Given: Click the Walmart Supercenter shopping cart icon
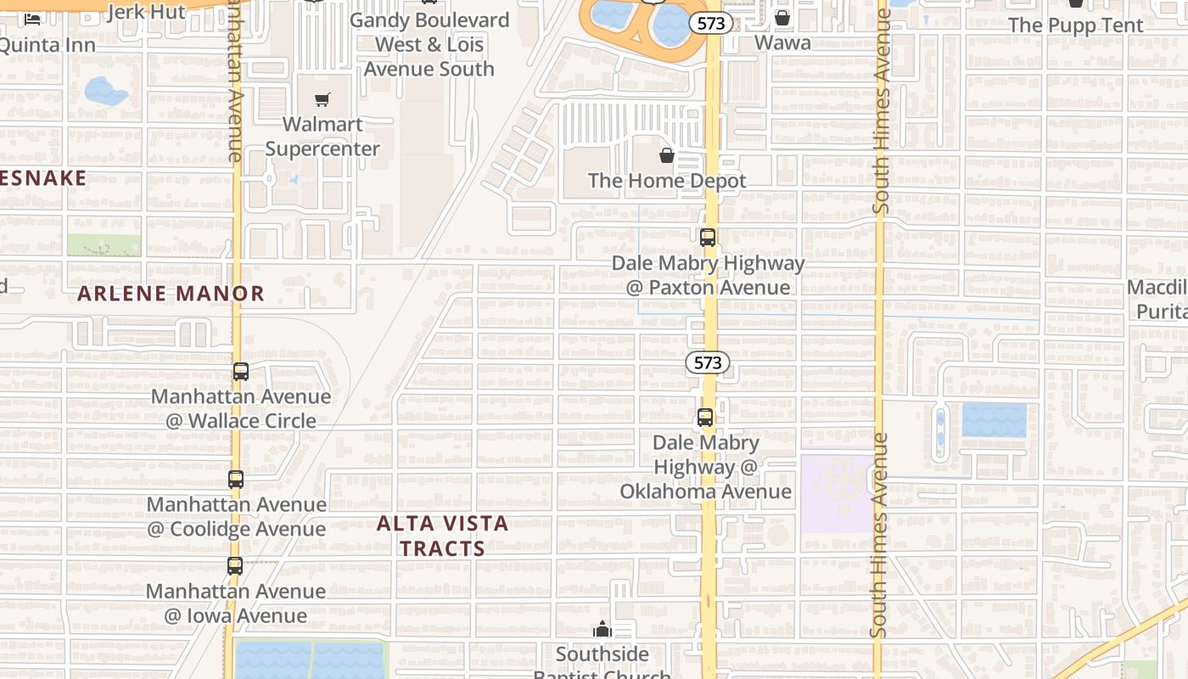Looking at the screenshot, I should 322,100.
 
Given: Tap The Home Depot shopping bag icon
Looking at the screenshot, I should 667,155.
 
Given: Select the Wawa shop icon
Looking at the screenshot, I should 782,17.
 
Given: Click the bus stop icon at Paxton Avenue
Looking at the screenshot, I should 708,238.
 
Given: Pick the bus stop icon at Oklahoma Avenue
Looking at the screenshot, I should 705,418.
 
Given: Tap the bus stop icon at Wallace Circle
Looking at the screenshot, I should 241,371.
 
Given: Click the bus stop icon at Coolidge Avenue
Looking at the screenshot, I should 236,480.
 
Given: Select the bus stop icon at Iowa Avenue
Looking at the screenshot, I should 235,566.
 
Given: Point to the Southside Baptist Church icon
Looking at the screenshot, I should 602,629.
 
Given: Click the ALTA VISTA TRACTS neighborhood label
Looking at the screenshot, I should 442,536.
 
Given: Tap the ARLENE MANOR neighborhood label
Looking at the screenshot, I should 171,294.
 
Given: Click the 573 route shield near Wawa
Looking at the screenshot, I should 711,24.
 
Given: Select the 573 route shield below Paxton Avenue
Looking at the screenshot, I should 707,363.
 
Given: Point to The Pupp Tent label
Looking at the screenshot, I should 1076,25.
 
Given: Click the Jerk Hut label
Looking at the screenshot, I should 147,12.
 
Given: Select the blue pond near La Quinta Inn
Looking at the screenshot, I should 105,91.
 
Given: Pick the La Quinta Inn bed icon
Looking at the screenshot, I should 32,19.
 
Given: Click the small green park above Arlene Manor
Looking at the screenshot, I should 104,245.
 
